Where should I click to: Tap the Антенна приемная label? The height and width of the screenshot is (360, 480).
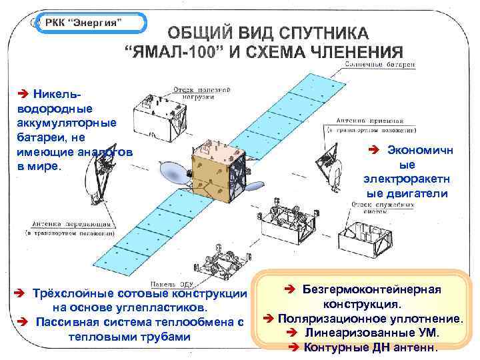(370, 124)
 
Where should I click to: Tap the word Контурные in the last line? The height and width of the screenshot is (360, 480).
(331, 347)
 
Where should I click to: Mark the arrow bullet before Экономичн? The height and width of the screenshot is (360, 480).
(374, 150)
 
